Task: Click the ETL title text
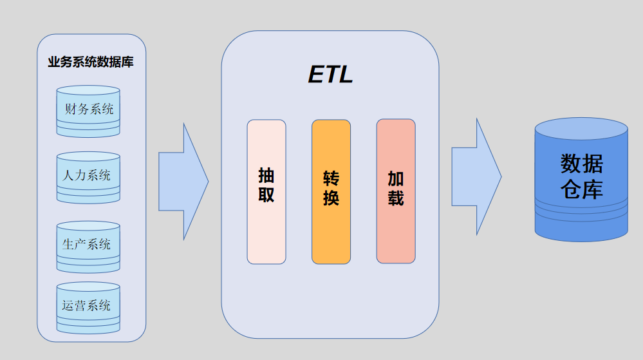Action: pyautogui.click(x=331, y=75)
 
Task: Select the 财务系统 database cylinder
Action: pyautogui.click(x=88, y=111)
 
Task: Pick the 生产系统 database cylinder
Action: pyautogui.click(x=88, y=245)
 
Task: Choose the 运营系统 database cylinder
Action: pyautogui.click(x=88, y=305)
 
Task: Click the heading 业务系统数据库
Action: pyautogui.click(x=90, y=63)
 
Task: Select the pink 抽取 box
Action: pyautogui.click(x=266, y=191)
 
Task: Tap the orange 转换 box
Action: pyautogui.click(x=331, y=191)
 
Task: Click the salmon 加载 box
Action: pyautogui.click(x=395, y=191)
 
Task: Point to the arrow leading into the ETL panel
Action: pyautogui.click(x=183, y=182)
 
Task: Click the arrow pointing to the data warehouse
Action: pyautogui.click(x=476, y=176)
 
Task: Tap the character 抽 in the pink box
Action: pyautogui.click(x=266, y=175)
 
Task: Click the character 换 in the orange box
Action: pyautogui.click(x=331, y=198)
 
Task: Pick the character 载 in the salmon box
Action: pyautogui.click(x=395, y=198)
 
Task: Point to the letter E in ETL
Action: pyautogui.click(x=316, y=75)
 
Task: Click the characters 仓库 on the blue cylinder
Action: pyautogui.click(x=581, y=190)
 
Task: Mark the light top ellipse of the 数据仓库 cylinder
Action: pyautogui.click(x=581, y=129)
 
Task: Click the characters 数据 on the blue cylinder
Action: pyautogui.click(x=581, y=164)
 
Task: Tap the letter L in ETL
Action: pyautogui.click(x=346, y=75)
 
